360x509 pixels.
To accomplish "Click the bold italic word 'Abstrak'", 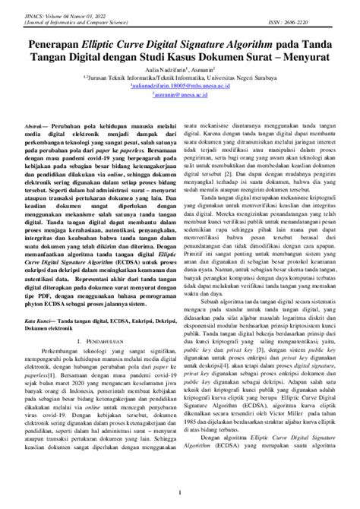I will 36,123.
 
